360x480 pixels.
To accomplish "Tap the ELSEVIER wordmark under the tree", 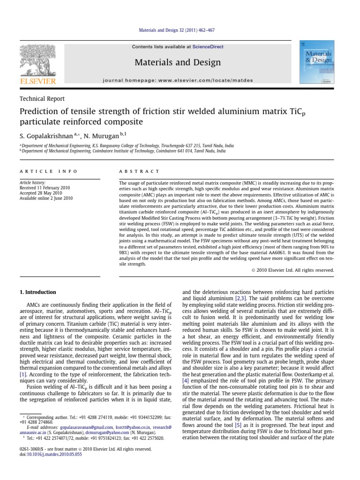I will coord(37,81).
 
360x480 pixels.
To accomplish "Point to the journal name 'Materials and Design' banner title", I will coord(178,62).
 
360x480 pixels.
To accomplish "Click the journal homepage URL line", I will coord(178,81).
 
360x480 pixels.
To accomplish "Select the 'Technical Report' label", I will coord(42,99).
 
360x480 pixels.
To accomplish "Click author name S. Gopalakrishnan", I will coord(45,135).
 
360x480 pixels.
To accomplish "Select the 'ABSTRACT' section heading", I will coord(139,172).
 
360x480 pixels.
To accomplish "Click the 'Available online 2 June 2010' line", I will coord(46,198).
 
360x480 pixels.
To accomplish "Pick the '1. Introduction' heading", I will coord(37,292).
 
